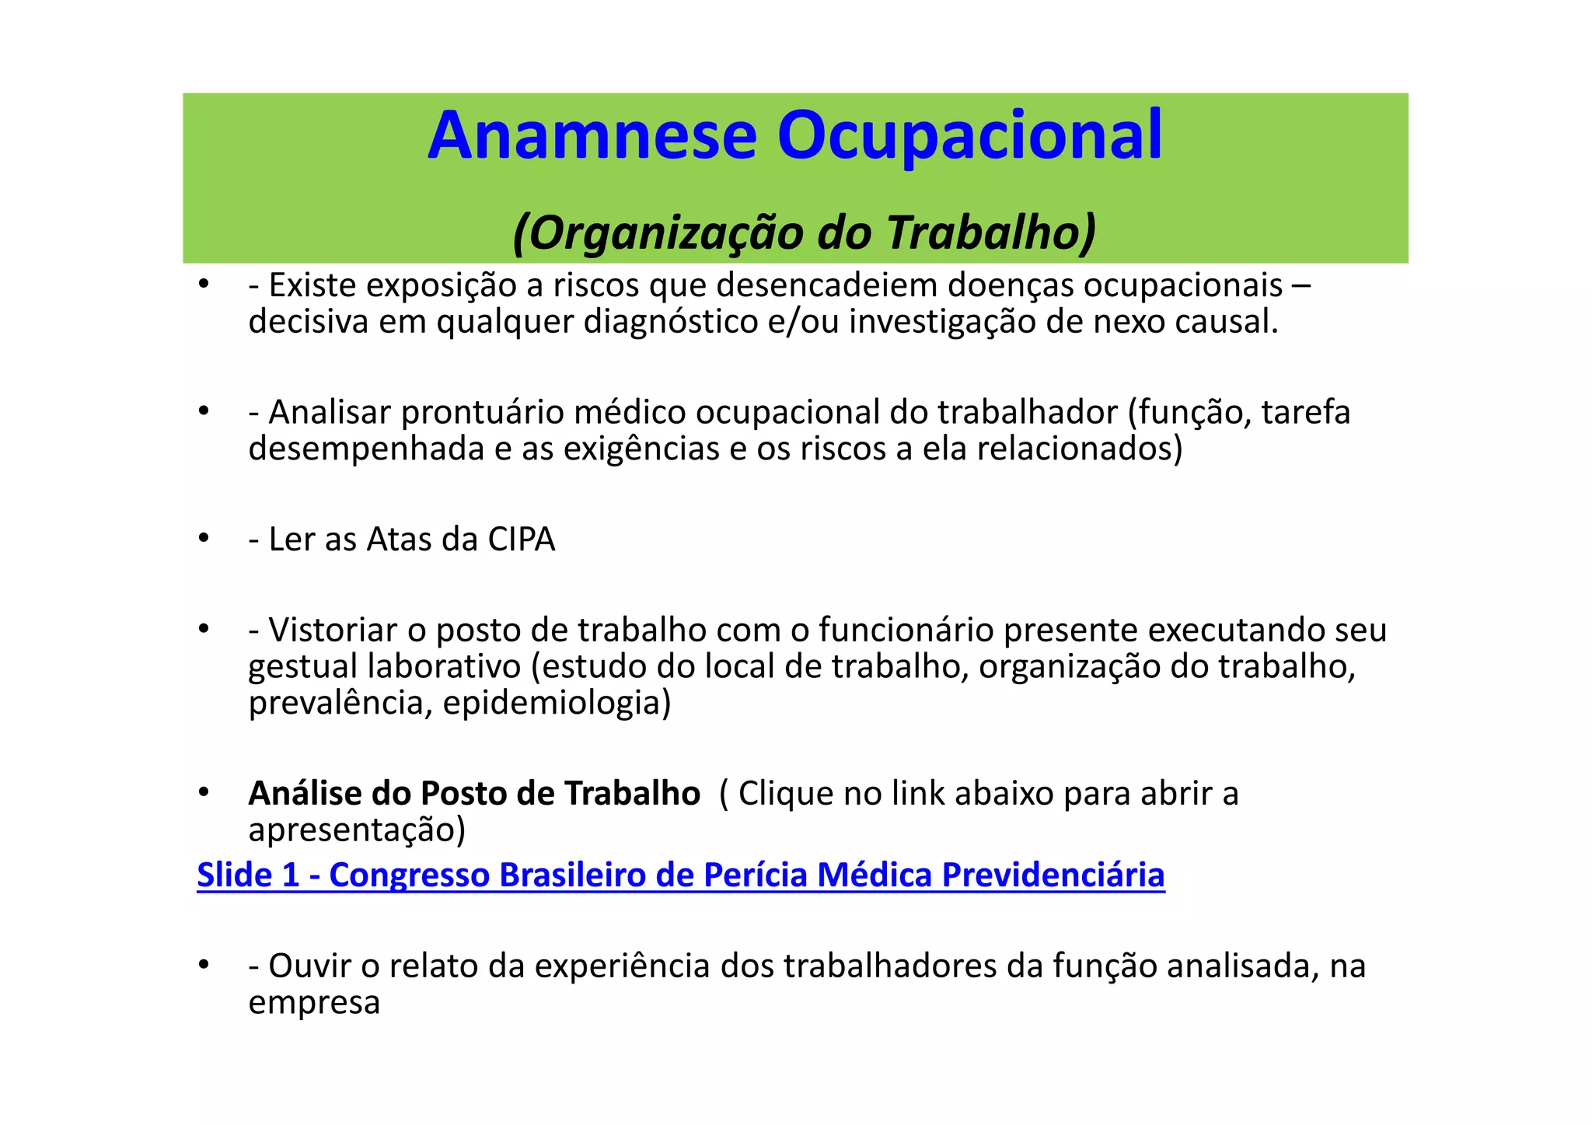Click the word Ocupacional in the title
tap(969, 136)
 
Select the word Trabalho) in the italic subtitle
tap(991, 232)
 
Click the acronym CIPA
tap(521, 540)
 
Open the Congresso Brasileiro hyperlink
tap(680, 875)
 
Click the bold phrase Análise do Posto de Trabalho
tap(474, 794)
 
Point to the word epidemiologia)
tap(557, 703)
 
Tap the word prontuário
tap(482, 413)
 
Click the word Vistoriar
tap(333, 631)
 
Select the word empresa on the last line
tap(314, 1003)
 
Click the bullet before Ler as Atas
tap(204, 539)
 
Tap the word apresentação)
tap(357, 830)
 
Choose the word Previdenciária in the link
tap(1053, 875)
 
